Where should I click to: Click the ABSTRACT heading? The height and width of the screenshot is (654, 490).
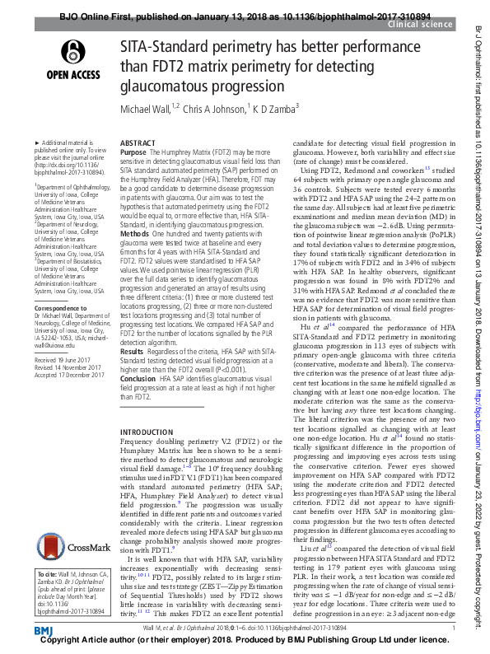pos(137,142)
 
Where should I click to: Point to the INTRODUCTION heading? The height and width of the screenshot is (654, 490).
pos(147,432)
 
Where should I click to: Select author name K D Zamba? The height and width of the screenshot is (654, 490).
pos(273,110)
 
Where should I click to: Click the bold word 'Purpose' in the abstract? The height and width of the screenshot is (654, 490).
pos(133,153)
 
